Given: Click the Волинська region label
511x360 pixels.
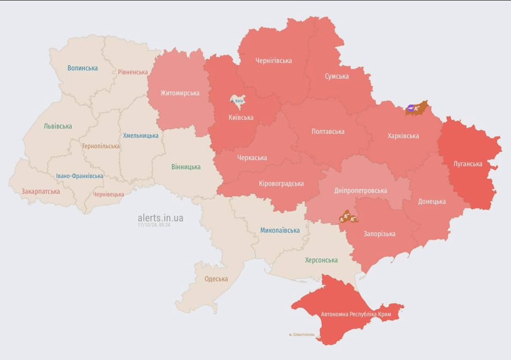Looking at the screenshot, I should point(82,68).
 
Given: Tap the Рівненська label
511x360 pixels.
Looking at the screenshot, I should point(133,72).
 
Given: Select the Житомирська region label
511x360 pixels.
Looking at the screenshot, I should point(180,93).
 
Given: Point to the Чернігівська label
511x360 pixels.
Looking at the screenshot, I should point(274,60).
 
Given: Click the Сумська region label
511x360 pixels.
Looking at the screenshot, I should point(337,76).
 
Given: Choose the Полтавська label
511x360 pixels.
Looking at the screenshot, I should point(328,131).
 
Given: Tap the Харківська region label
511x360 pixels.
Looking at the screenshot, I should point(403,136).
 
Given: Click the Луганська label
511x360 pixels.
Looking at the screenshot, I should point(467,164).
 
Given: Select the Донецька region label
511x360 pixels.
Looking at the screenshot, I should point(431,202).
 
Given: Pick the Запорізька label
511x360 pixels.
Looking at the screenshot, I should point(379,234).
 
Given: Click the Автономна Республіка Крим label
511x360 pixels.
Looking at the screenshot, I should point(356,314).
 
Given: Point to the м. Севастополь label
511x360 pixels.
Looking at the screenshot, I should point(302,334).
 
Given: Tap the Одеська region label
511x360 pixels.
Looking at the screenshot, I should point(216,279).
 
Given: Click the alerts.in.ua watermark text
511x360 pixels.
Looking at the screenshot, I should point(160,218).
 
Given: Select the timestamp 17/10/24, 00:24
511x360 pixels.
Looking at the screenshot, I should point(154,225).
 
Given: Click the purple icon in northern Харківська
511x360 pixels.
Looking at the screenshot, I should point(411,109).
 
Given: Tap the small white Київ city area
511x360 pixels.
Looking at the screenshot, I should point(237,100).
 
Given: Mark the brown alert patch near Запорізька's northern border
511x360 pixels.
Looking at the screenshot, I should point(348,217).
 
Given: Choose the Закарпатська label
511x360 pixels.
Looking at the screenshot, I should point(41,191).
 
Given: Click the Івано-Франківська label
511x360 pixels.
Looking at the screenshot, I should point(80,176).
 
